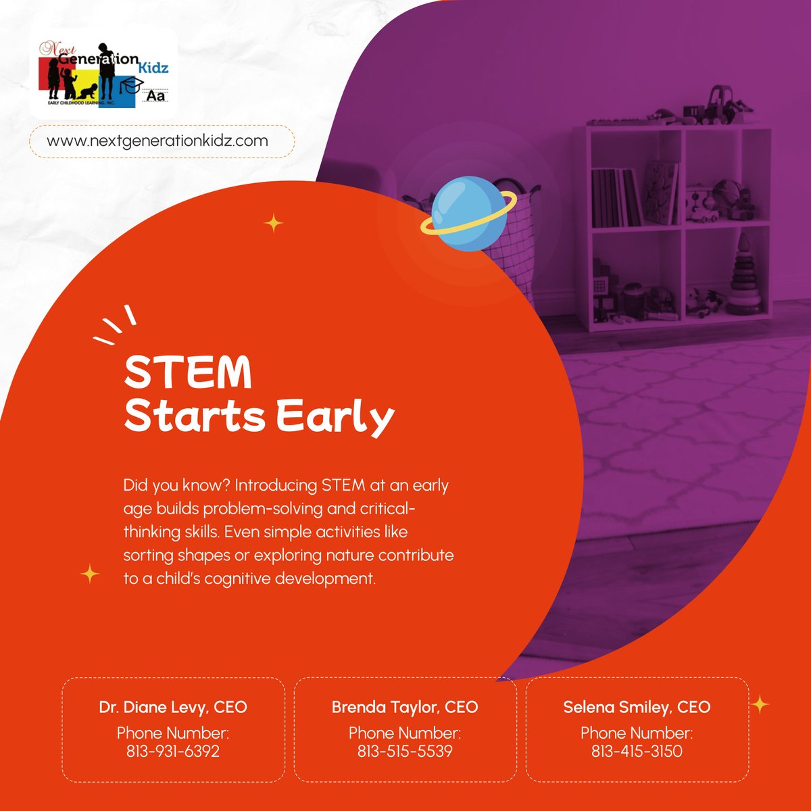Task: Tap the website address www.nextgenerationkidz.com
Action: [157, 141]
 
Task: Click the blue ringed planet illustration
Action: [469, 214]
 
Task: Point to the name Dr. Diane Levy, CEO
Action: [173, 707]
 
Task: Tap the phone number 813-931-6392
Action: [173, 751]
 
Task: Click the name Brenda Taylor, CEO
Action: [405, 707]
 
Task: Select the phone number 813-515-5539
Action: [405, 751]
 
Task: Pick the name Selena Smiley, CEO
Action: [637, 707]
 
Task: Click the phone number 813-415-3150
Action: [637, 751]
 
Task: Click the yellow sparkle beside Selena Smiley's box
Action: [760, 704]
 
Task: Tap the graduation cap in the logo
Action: [132, 84]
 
